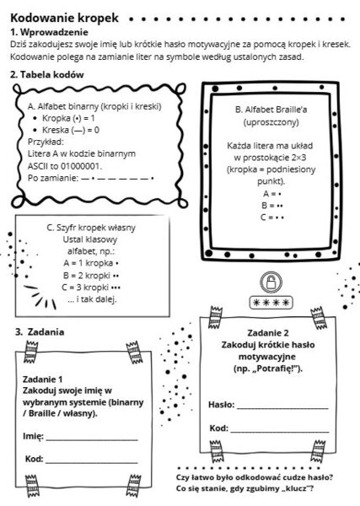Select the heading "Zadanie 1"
42,378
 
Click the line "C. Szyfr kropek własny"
91,227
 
